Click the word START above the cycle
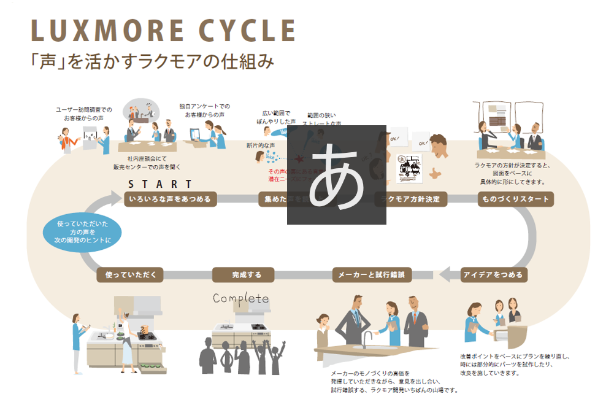160,184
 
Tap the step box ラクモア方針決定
410,199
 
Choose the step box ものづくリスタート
515,199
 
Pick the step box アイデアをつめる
494,274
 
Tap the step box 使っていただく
130,274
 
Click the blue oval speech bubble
82,232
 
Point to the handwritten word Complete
241,299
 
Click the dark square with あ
337,175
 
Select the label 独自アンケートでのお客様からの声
205,110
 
